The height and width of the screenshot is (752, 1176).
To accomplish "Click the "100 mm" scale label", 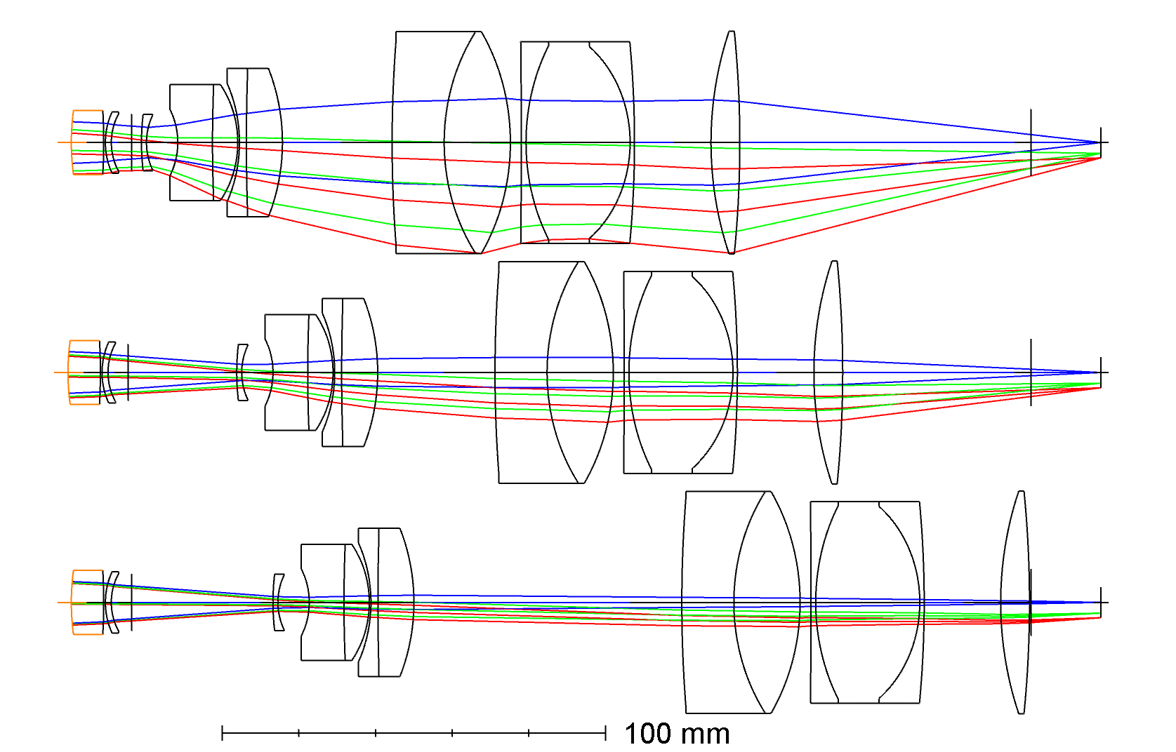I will tap(677, 734).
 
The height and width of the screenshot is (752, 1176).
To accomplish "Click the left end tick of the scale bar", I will tap(222, 733).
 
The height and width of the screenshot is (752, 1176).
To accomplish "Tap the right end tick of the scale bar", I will tap(605, 733).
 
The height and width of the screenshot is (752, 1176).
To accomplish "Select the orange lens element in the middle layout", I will tap(84, 372).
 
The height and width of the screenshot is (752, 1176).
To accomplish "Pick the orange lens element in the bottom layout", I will tap(87, 603).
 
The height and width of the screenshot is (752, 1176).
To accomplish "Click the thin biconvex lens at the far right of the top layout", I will tap(725, 142).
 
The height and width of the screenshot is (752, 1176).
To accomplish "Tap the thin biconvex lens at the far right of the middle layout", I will tap(828, 372).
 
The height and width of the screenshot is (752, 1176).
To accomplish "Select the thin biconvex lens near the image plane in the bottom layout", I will tap(1015, 603).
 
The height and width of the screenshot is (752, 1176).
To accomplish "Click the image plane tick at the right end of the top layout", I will tap(1100, 142).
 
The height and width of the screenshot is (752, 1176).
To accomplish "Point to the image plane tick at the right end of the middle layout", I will tap(1100, 372).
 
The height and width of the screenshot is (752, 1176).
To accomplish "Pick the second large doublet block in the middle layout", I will tap(680, 372).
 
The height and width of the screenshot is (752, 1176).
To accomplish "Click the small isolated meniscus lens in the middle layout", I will tap(241, 372).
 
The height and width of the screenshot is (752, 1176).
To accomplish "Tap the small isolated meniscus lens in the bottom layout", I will tap(277, 603).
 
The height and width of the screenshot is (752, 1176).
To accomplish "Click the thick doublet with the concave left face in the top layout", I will tap(197, 142).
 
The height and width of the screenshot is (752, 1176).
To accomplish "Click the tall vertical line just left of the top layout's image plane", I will tap(1031, 142).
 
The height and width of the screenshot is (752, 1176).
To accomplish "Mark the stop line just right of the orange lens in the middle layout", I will tap(128, 372).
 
